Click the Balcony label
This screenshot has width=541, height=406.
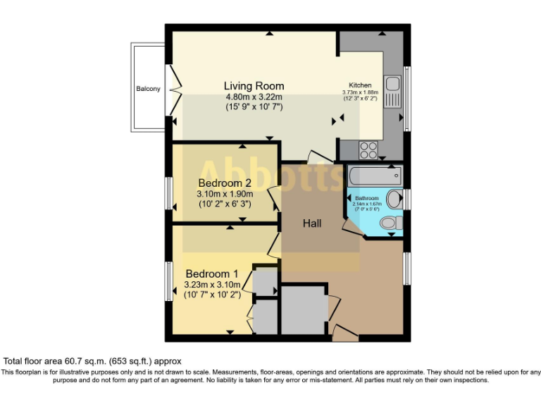click(x=148, y=89)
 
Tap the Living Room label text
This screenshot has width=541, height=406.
click(x=254, y=86)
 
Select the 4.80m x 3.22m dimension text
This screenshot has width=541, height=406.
click(x=254, y=97)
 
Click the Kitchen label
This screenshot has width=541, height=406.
click(x=360, y=85)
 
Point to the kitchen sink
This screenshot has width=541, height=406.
click(x=391, y=89)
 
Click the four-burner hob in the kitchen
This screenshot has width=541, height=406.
click(x=369, y=149)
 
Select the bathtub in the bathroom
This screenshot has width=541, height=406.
click(x=374, y=173)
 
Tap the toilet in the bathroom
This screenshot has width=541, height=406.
click(x=390, y=223)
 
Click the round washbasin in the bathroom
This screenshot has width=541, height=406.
click(x=394, y=198)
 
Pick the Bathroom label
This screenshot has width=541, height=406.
click(x=366, y=199)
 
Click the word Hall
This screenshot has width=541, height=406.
click(x=312, y=223)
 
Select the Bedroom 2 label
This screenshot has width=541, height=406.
click(x=225, y=183)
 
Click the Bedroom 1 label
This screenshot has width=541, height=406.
click(x=212, y=273)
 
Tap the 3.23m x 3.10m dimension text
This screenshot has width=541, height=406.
click(x=212, y=285)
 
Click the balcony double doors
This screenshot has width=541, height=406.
click(x=174, y=90)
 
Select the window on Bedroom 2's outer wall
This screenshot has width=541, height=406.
click(x=169, y=192)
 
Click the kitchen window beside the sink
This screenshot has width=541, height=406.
click(x=406, y=99)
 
